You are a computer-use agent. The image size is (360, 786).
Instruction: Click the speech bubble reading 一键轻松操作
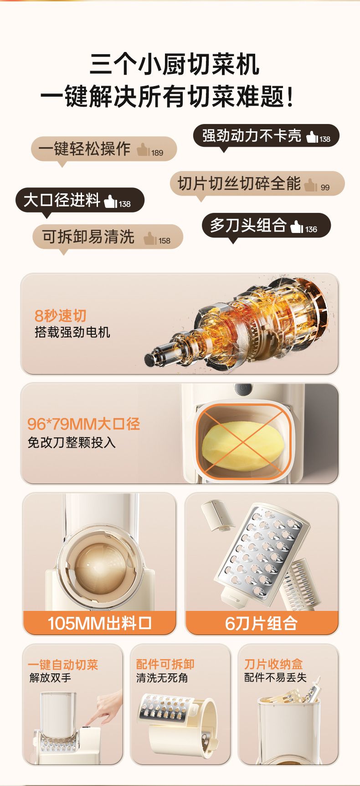click(x=103, y=150)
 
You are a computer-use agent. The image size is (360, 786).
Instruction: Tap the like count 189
click(x=157, y=153)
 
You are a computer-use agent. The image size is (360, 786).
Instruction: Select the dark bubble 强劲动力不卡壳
click(x=266, y=136)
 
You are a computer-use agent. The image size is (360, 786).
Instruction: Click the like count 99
click(x=325, y=187)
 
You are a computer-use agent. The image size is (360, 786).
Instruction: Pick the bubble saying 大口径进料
click(x=80, y=200)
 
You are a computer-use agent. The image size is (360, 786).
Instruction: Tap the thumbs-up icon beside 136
click(x=297, y=227)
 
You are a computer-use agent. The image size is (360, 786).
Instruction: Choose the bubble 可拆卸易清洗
click(x=108, y=238)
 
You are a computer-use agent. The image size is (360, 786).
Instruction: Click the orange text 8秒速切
click(x=61, y=315)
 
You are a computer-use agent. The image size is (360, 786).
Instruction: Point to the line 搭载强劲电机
click(x=72, y=332)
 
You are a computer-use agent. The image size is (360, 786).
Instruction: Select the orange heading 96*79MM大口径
click(x=84, y=424)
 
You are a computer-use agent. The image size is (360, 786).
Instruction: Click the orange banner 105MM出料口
click(x=99, y=623)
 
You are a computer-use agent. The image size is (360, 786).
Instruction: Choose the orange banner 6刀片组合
click(x=262, y=623)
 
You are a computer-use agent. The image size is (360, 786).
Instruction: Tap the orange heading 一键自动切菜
click(x=63, y=665)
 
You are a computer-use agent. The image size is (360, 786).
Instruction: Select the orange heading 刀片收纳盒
click(x=273, y=664)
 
